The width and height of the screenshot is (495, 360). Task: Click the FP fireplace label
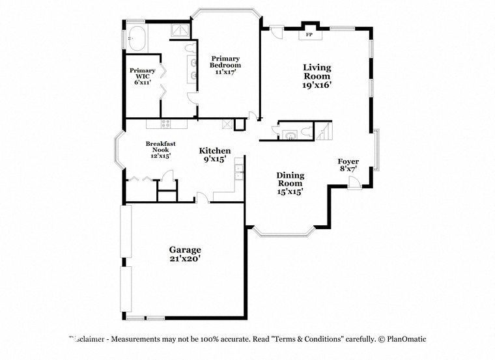point(309,35)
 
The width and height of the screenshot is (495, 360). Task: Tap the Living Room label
point(317,72)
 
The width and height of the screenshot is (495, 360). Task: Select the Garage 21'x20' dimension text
point(185,258)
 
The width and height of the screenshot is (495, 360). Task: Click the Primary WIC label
point(143,73)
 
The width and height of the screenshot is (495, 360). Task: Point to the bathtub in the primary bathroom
point(137,38)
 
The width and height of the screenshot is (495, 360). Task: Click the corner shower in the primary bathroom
point(180,31)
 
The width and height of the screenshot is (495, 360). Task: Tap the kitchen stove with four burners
point(165,124)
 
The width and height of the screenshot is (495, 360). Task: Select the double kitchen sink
point(238,172)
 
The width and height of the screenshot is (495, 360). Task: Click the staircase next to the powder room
point(324,132)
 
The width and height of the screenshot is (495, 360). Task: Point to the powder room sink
point(289,135)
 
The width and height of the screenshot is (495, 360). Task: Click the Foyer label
point(348,161)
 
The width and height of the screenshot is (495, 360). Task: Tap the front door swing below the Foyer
point(354,183)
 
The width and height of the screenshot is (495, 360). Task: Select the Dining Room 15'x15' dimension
point(290,191)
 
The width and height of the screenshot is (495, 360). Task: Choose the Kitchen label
point(215,151)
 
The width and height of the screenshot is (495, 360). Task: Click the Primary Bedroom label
point(225,62)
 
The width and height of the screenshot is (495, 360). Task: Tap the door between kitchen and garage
point(203,198)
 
